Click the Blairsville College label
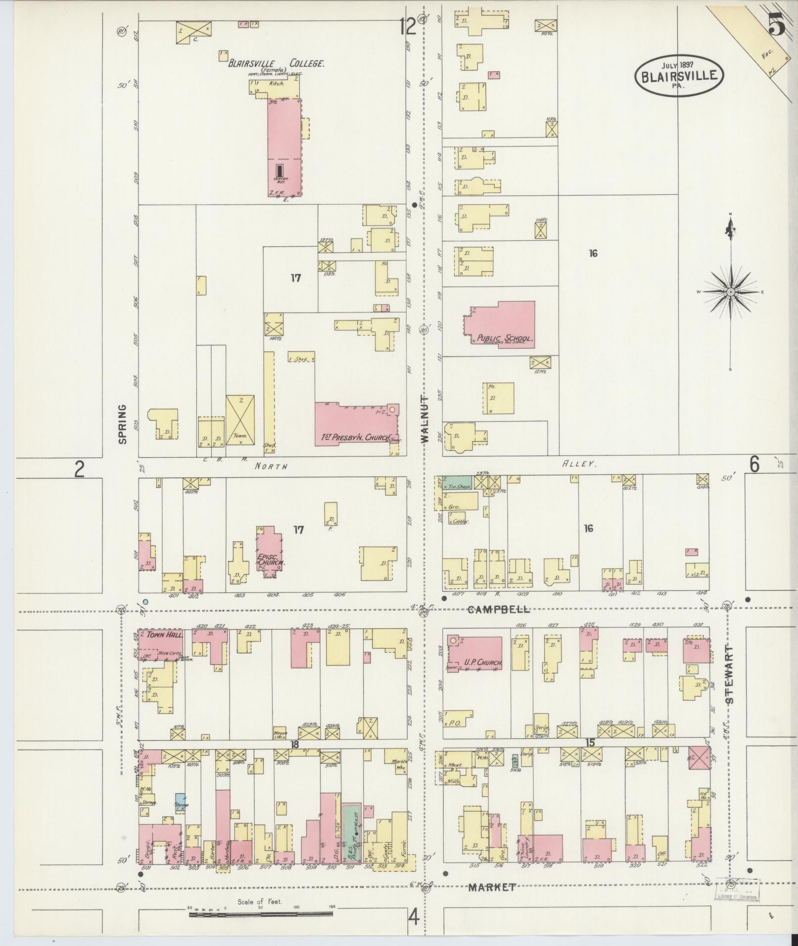click(276, 64)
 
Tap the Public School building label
click(504, 339)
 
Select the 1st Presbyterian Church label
click(352, 438)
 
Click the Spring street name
click(122, 424)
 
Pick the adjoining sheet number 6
click(754, 465)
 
